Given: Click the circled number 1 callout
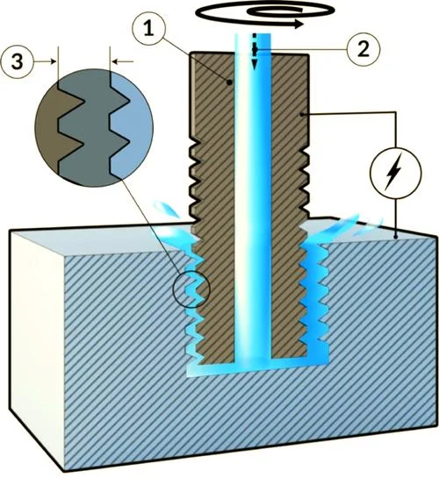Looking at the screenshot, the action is (x=149, y=29).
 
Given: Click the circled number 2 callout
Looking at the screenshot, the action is (x=363, y=49).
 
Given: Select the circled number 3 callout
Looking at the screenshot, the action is (x=18, y=61).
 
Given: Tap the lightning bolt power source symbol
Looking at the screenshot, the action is (x=396, y=173).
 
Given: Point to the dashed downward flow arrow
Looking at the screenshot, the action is (x=255, y=51).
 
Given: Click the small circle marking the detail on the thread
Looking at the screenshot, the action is (x=191, y=289).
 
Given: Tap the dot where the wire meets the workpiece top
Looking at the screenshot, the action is (x=396, y=236).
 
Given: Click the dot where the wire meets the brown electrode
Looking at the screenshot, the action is (x=302, y=115).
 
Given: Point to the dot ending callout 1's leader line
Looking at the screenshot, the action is (x=230, y=82).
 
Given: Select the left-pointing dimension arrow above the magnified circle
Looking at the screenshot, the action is (x=122, y=61).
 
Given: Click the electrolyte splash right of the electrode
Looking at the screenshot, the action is (x=342, y=226).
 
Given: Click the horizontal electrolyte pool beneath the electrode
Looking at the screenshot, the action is (x=257, y=369).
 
